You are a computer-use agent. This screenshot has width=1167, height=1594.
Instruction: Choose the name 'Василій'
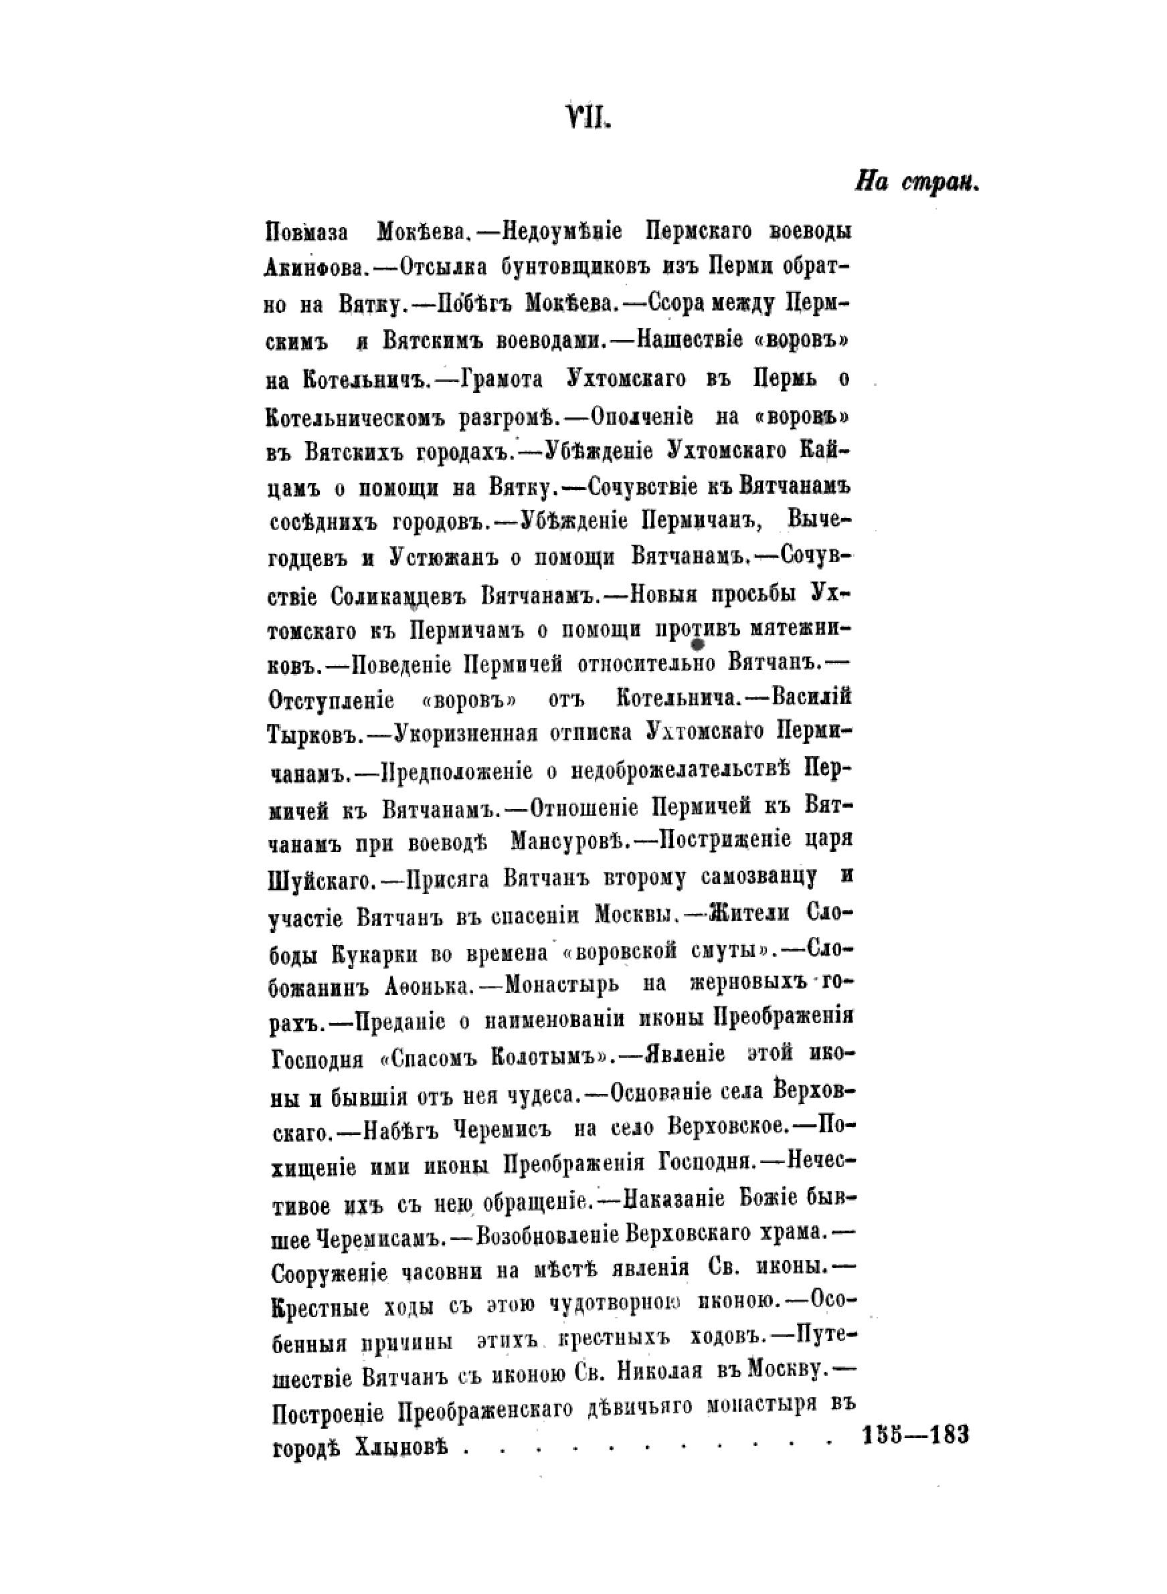[812, 697]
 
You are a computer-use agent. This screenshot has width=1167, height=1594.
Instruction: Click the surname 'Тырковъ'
[315, 735]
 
